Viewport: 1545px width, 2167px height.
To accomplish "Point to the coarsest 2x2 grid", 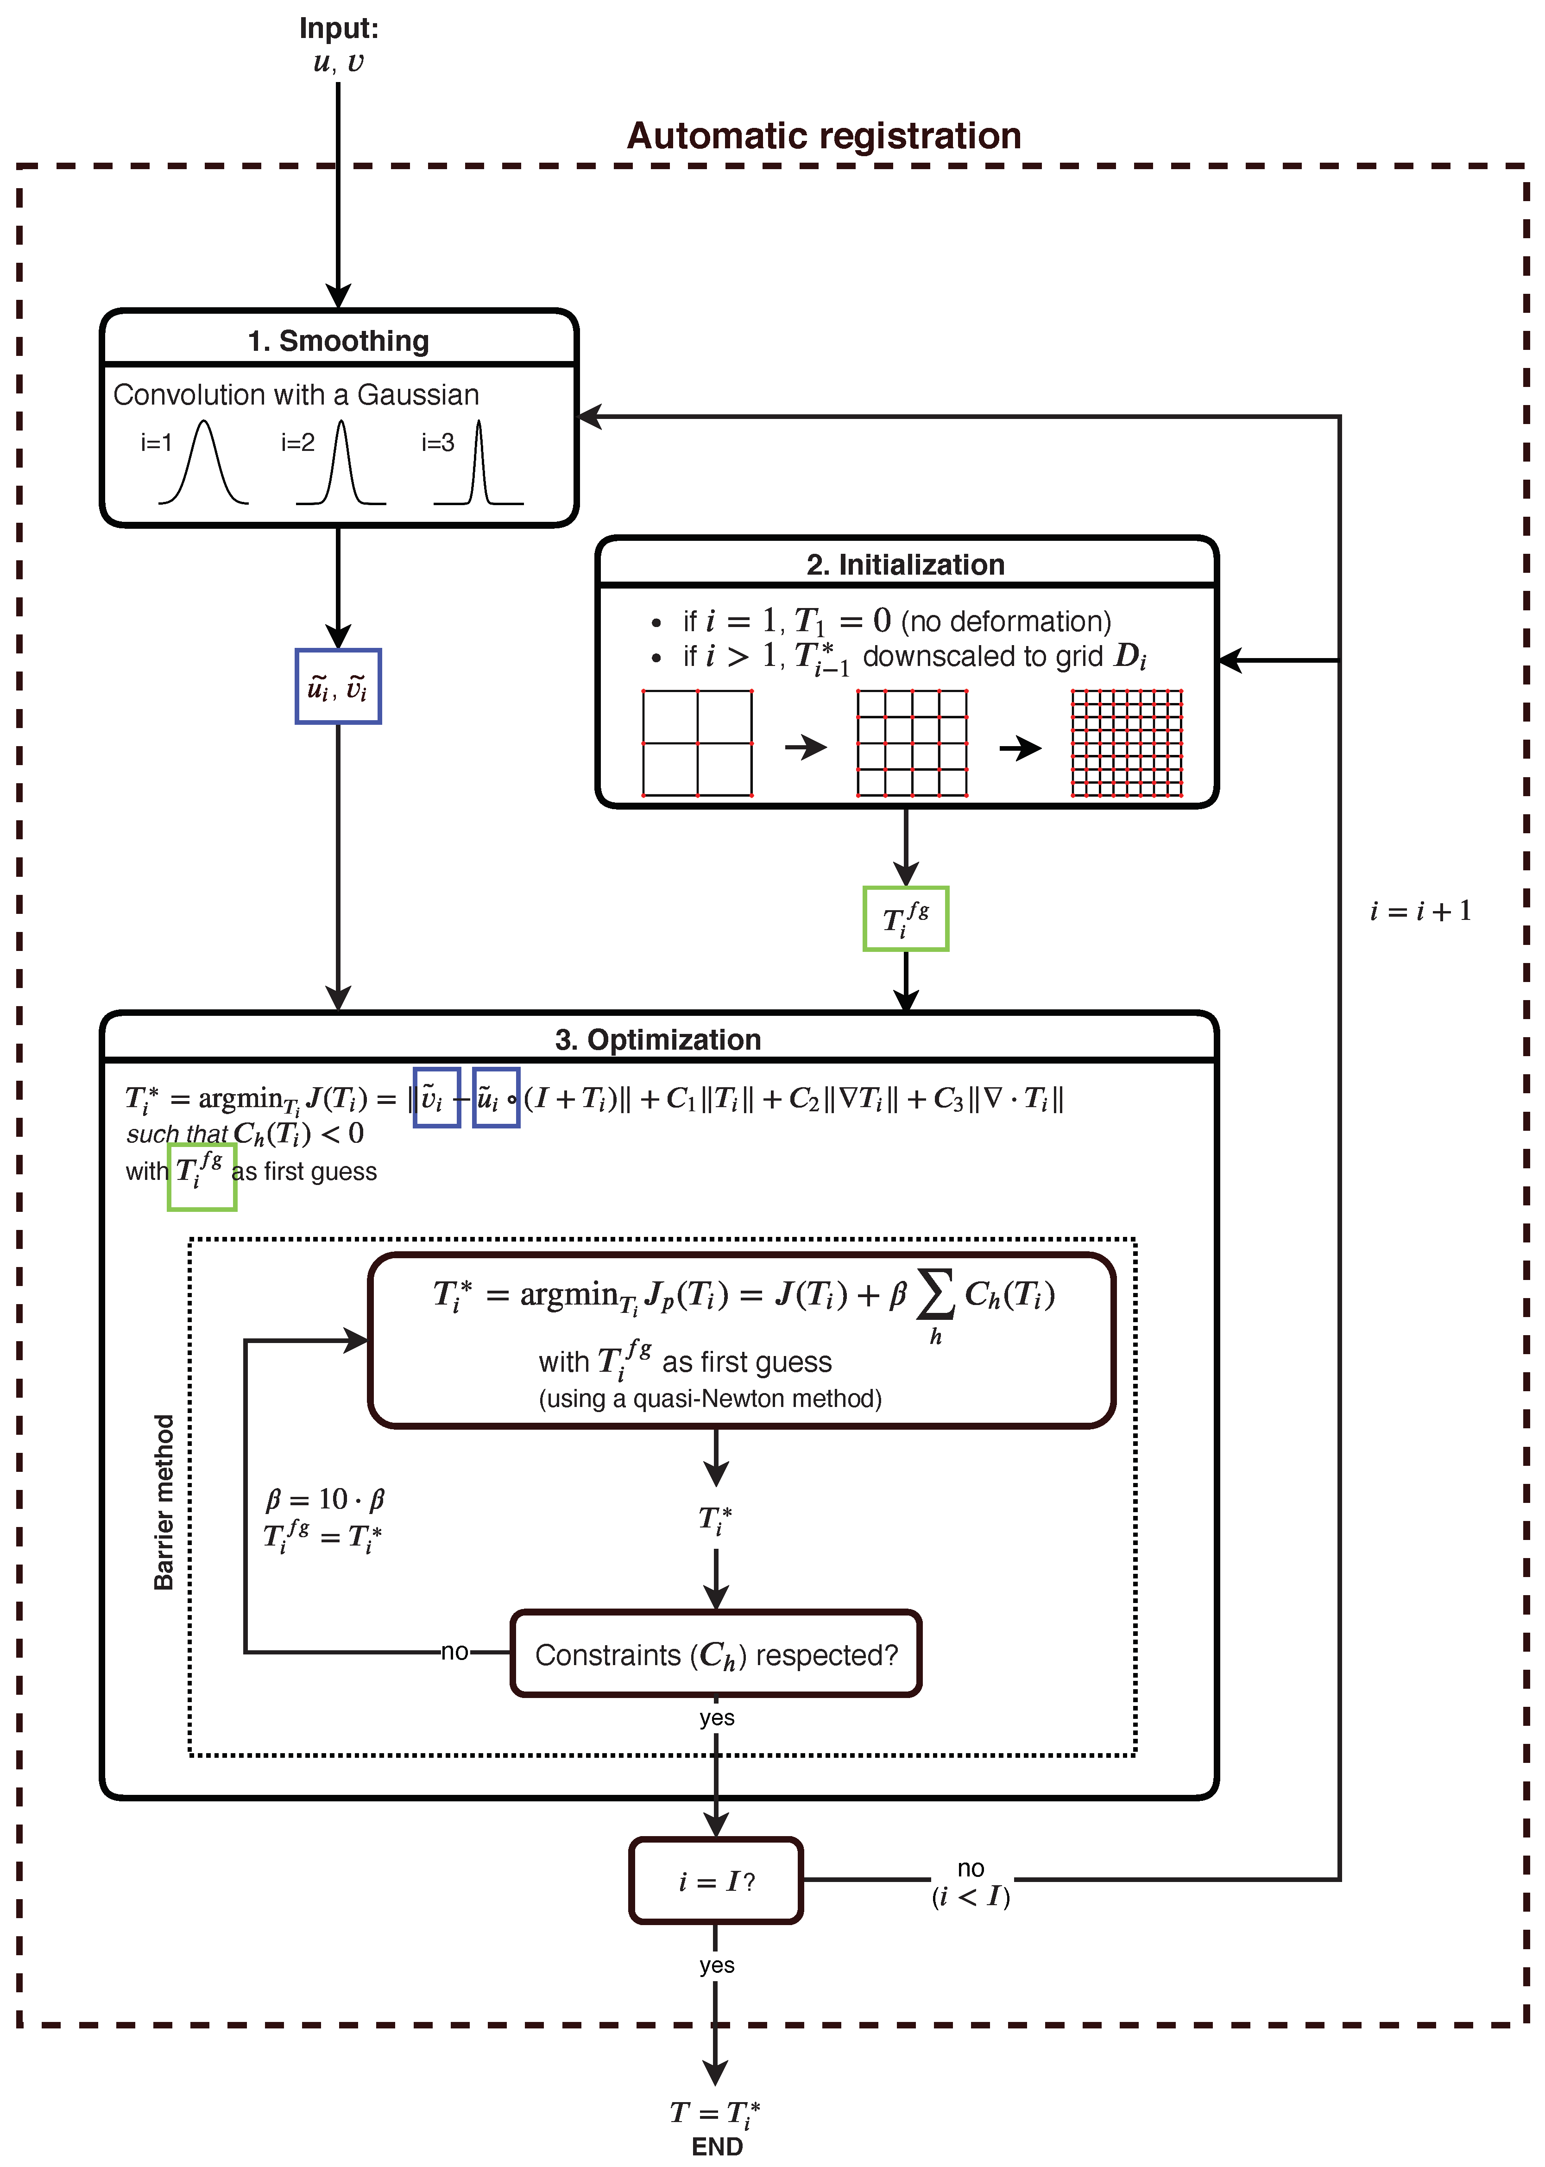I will [697, 742].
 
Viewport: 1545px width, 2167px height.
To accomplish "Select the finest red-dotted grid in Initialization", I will [1126, 742].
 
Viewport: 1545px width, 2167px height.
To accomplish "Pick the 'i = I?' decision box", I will [715, 1881].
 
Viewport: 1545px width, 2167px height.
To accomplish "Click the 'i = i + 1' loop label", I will [1419, 911].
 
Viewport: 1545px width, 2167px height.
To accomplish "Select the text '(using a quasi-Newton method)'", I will [710, 1398].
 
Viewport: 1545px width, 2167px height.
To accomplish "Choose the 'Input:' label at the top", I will [339, 29].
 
